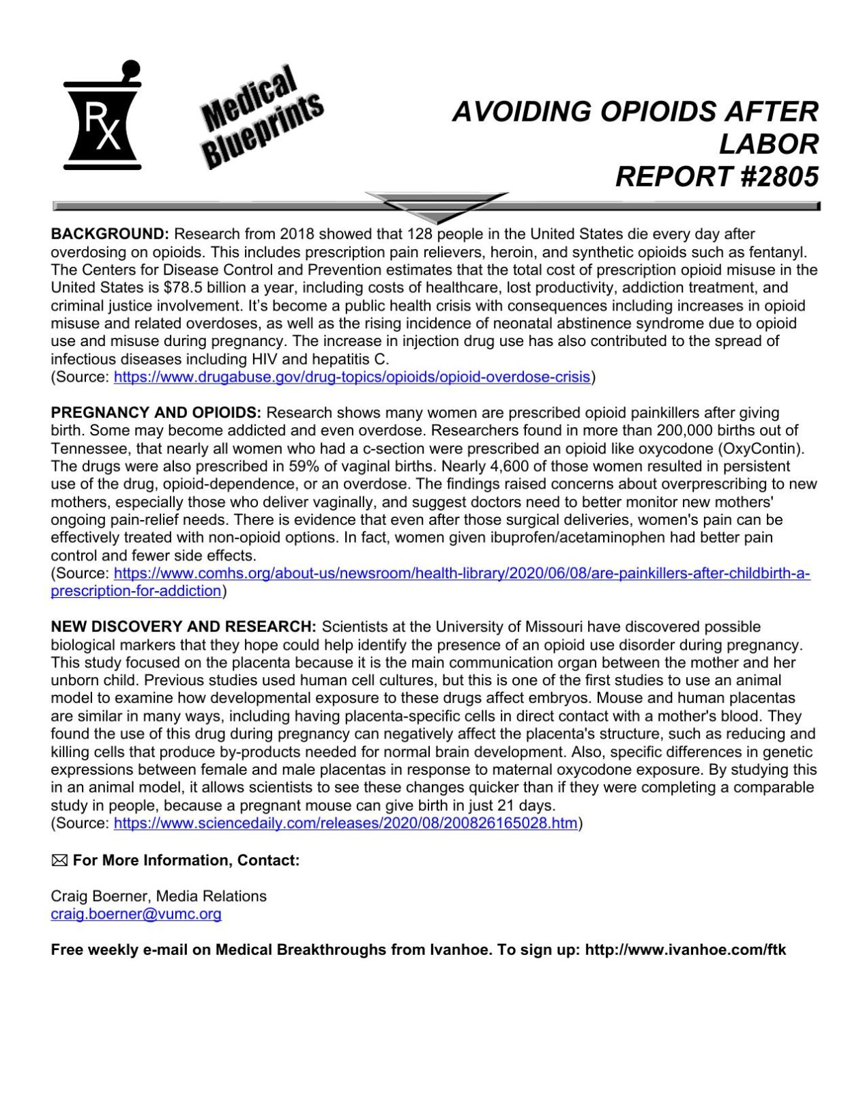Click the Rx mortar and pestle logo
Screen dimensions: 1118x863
click(102, 116)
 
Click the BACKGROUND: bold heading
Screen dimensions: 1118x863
click(109, 234)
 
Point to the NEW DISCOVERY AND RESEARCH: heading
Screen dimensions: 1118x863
click(184, 627)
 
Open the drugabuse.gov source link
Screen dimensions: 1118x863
click(351, 377)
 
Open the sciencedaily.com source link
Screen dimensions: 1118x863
click(345, 823)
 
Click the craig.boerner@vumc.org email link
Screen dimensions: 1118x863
click(136, 914)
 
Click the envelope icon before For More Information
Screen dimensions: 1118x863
click(59, 861)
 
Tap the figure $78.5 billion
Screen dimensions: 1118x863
click(205, 287)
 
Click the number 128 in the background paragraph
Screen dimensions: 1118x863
click(420, 234)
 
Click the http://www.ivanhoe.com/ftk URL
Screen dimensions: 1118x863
click(685, 950)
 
